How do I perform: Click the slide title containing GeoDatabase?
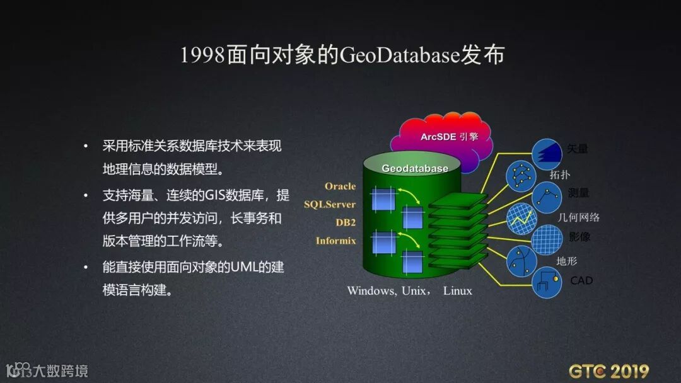pos(342,55)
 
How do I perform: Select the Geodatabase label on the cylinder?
pos(415,168)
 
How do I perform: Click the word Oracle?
pos(340,186)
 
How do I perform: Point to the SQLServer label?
pos(330,204)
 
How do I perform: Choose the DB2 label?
pos(346,222)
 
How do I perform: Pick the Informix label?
pos(335,241)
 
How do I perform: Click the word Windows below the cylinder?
pos(371,291)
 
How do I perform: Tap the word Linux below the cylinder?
pos(457,291)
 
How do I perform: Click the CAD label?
pos(581,280)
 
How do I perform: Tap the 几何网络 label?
pos(578,217)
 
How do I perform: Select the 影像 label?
pos(579,237)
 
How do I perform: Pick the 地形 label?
pos(566,261)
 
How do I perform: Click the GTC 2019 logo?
pos(608,370)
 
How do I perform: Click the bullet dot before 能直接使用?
pos(86,267)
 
